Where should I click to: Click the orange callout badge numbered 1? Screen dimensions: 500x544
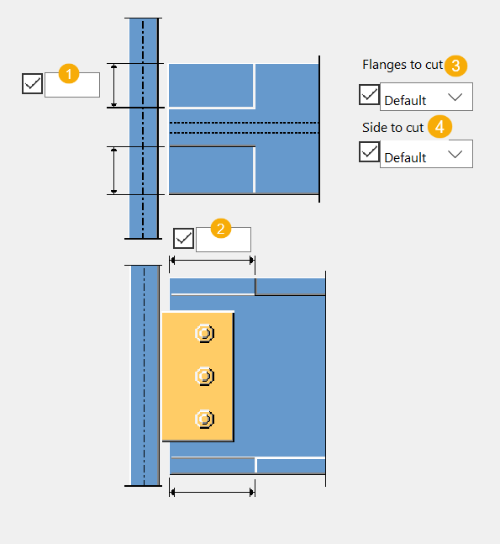tap(69, 73)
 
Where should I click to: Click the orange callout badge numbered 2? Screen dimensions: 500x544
tap(221, 229)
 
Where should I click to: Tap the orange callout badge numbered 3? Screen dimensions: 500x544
tap(456, 66)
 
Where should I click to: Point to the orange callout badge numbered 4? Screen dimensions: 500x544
tap(439, 127)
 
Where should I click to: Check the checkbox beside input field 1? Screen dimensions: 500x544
tap(32, 83)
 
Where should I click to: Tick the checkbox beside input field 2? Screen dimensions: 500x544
tap(183, 238)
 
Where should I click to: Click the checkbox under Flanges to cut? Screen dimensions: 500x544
tap(369, 95)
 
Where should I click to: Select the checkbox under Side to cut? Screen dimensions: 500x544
tap(369, 151)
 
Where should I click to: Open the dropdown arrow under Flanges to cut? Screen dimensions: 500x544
tap(455, 97)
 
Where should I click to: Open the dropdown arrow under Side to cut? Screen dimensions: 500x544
tap(455, 154)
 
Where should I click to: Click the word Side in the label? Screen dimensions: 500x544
tap(372, 128)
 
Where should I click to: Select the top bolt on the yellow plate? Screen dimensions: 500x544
tap(204, 334)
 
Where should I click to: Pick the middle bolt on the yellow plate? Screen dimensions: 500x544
tap(204, 376)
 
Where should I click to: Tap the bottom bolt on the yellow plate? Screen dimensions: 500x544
tap(204, 419)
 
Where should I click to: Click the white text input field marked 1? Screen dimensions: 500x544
tap(72, 85)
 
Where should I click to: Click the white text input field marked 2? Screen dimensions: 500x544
tap(224, 240)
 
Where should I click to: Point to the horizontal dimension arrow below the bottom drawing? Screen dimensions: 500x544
tap(213, 492)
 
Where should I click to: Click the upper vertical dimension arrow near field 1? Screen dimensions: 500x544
tap(113, 86)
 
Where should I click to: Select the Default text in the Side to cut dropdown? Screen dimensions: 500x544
tap(405, 158)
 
